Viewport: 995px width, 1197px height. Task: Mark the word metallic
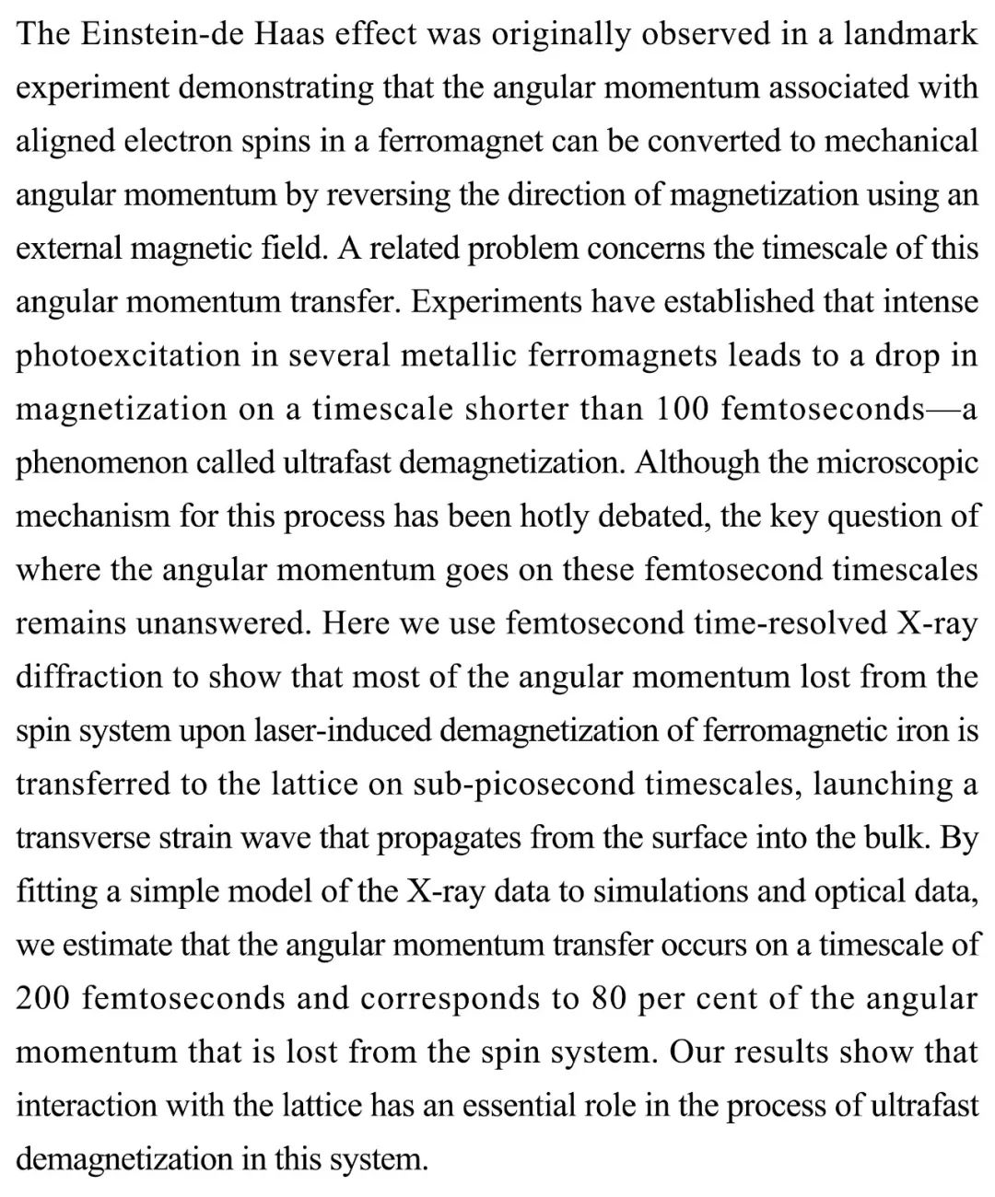tap(446, 355)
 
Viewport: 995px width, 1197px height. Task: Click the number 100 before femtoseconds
tap(683, 409)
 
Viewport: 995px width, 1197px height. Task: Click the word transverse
tap(83, 837)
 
